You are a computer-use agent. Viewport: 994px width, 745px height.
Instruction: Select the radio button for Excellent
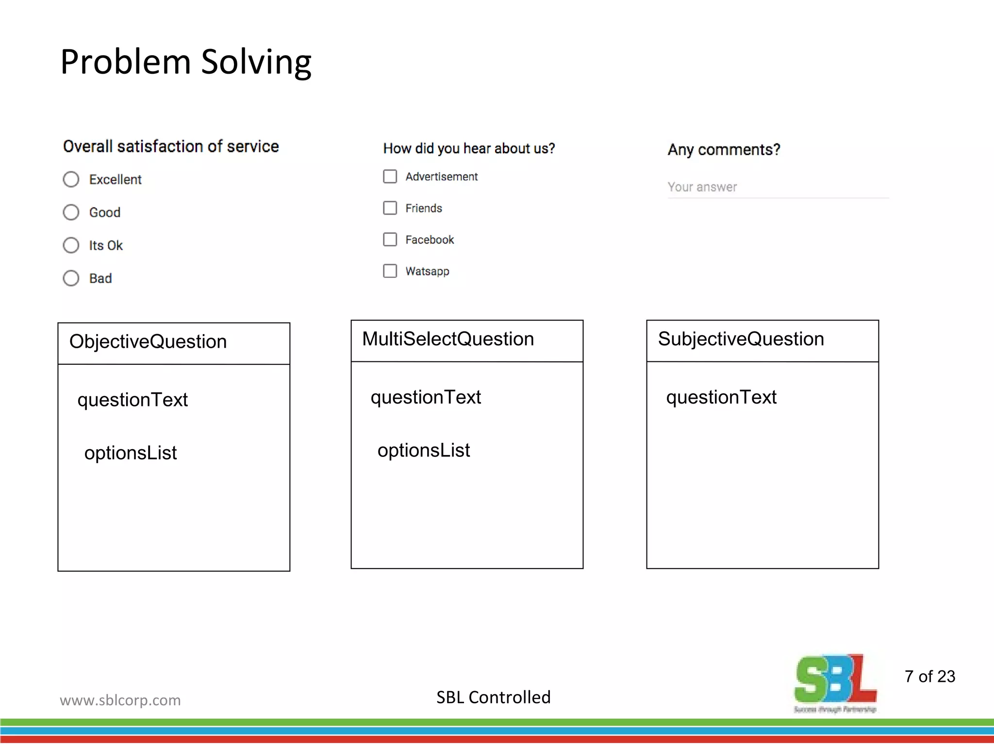click(71, 179)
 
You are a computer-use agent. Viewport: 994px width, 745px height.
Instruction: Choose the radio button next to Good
click(71, 212)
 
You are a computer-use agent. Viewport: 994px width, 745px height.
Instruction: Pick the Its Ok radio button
click(71, 245)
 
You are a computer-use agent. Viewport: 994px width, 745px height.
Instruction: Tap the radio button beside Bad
click(71, 278)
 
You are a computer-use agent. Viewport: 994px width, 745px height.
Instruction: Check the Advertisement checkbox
click(390, 177)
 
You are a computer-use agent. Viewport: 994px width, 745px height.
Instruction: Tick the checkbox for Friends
click(390, 208)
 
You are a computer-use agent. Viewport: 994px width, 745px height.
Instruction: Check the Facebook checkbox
click(390, 240)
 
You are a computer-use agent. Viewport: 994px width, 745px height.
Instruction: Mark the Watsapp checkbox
click(390, 271)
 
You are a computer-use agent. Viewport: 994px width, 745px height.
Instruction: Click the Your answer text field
click(778, 187)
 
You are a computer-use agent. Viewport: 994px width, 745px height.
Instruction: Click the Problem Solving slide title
click(185, 62)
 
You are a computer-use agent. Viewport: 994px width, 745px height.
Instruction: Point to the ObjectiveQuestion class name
click(148, 342)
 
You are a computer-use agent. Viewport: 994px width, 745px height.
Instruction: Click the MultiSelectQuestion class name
click(447, 339)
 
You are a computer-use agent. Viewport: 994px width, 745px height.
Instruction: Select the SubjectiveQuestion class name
click(741, 339)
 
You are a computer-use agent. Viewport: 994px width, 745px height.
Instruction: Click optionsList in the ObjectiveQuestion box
click(131, 453)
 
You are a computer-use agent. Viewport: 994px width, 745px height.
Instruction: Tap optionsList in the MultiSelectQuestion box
click(424, 451)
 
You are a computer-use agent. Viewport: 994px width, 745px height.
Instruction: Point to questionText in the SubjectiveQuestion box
click(721, 397)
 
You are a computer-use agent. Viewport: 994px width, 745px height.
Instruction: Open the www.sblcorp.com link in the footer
click(120, 700)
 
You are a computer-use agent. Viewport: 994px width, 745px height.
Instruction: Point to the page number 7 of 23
click(929, 677)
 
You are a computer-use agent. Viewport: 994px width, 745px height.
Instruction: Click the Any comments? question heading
click(724, 150)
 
